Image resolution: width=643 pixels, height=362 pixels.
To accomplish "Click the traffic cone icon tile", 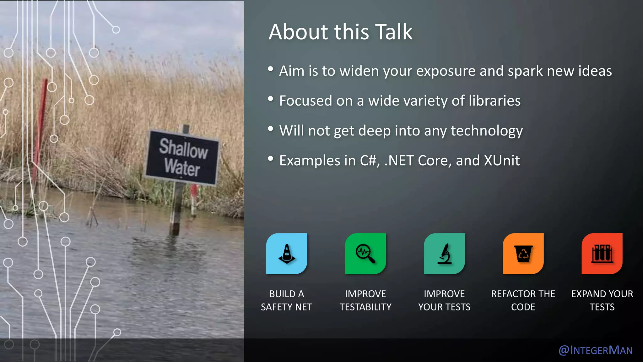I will click(x=286, y=253).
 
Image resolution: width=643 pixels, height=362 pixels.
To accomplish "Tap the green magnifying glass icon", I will click(x=365, y=253).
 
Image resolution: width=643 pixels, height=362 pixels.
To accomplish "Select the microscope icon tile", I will click(x=444, y=253).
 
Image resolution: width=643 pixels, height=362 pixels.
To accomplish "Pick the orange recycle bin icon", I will click(x=523, y=253).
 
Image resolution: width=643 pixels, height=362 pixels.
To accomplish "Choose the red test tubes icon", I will click(x=602, y=253).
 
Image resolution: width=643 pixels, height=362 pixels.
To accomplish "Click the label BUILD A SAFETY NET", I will click(x=286, y=300).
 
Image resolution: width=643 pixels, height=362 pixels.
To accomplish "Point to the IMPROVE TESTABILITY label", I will click(x=365, y=300).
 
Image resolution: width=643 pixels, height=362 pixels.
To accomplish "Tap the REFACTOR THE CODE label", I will click(x=523, y=300).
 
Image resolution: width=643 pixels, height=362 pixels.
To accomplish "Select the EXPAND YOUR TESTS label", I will click(x=602, y=300).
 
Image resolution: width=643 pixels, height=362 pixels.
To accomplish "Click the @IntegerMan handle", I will click(x=596, y=350).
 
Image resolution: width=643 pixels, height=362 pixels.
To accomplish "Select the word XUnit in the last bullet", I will click(x=502, y=161).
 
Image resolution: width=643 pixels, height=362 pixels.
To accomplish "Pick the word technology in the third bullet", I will click(x=487, y=131).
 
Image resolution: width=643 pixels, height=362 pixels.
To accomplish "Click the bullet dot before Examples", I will click(x=271, y=159).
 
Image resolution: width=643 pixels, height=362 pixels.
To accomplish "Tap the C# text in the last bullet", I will click(x=369, y=161).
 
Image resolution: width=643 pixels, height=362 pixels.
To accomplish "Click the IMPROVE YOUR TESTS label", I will click(x=444, y=300).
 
